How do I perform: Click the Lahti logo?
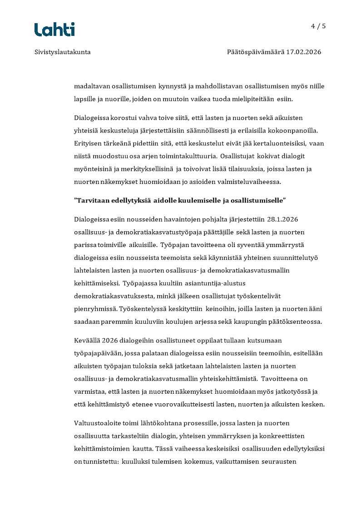click(54, 30)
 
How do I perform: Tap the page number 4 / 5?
click(318, 26)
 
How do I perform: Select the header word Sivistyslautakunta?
click(62, 52)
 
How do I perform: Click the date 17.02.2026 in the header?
click(303, 52)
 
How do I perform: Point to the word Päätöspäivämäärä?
click(255, 52)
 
